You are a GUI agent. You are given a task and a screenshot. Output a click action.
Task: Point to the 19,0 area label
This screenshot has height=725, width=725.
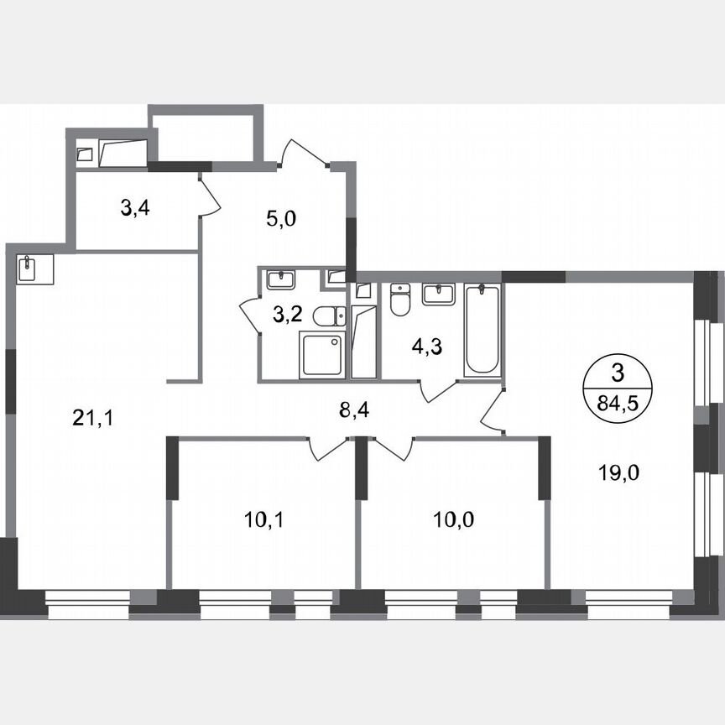(x=619, y=472)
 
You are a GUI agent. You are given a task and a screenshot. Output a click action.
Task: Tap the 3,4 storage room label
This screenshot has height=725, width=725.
(x=137, y=207)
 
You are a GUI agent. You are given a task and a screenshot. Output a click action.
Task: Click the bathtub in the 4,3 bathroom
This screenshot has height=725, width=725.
(x=482, y=329)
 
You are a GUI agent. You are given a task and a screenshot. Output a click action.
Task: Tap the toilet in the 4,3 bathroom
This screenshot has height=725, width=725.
(x=399, y=301)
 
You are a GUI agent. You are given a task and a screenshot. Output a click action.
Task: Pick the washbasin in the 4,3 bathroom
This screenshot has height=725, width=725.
(x=436, y=295)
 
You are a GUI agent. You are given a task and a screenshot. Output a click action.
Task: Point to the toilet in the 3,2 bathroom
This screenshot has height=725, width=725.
(x=327, y=316)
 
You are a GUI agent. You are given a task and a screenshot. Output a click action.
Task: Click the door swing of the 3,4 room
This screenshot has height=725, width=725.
(x=209, y=196)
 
